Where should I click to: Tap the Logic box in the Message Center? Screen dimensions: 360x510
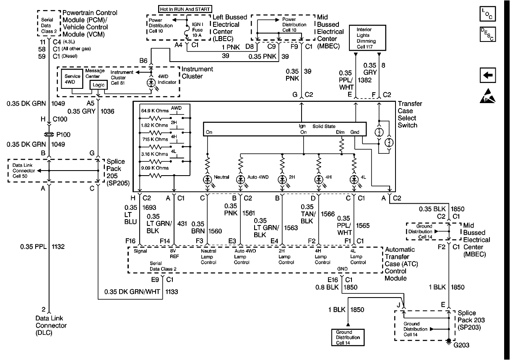(x=99, y=85)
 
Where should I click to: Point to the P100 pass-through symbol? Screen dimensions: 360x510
(x=49, y=135)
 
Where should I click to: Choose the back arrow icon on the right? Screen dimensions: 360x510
(x=489, y=75)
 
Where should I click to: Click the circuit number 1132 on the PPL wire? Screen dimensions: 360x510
(x=59, y=247)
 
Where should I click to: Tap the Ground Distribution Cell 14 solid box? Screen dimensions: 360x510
(x=346, y=337)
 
